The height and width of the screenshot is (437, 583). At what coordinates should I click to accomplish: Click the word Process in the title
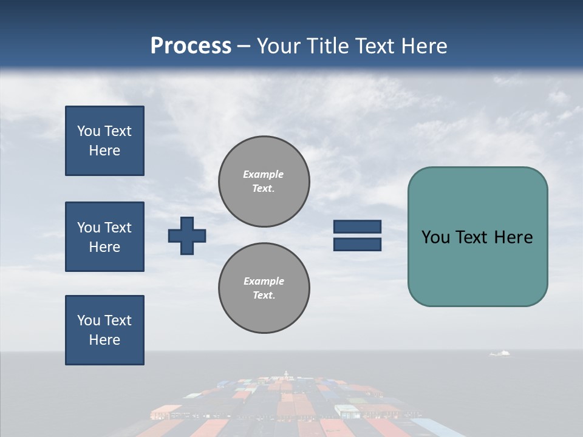pyautogui.click(x=191, y=46)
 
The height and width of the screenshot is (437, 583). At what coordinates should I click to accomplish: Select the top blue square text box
pyautogui.click(x=104, y=141)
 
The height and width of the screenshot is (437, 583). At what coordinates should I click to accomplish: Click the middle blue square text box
pyautogui.click(x=104, y=237)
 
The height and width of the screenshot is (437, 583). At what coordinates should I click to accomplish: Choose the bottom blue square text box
pyautogui.click(x=104, y=330)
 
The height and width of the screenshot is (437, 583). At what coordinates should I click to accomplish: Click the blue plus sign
pyautogui.click(x=187, y=235)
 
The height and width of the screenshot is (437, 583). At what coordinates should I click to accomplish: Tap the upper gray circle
pyautogui.click(x=264, y=181)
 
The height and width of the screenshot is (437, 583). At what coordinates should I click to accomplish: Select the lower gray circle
pyautogui.click(x=264, y=288)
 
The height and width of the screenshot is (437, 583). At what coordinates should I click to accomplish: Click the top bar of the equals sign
pyautogui.click(x=357, y=227)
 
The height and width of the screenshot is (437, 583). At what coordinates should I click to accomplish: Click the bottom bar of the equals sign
pyautogui.click(x=357, y=244)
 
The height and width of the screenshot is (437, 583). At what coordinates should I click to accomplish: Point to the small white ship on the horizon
pyautogui.click(x=500, y=353)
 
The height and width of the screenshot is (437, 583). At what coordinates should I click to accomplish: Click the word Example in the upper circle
pyautogui.click(x=263, y=174)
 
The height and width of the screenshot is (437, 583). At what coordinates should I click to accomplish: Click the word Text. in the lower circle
pyautogui.click(x=264, y=296)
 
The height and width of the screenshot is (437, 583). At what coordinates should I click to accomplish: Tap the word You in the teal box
pyautogui.click(x=436, y=237)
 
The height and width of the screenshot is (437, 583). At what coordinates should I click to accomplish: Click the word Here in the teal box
pyautogui.click(x=513, y=237)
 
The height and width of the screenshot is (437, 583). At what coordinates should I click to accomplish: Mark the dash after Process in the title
pyautogui.click(x=244, y=47)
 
